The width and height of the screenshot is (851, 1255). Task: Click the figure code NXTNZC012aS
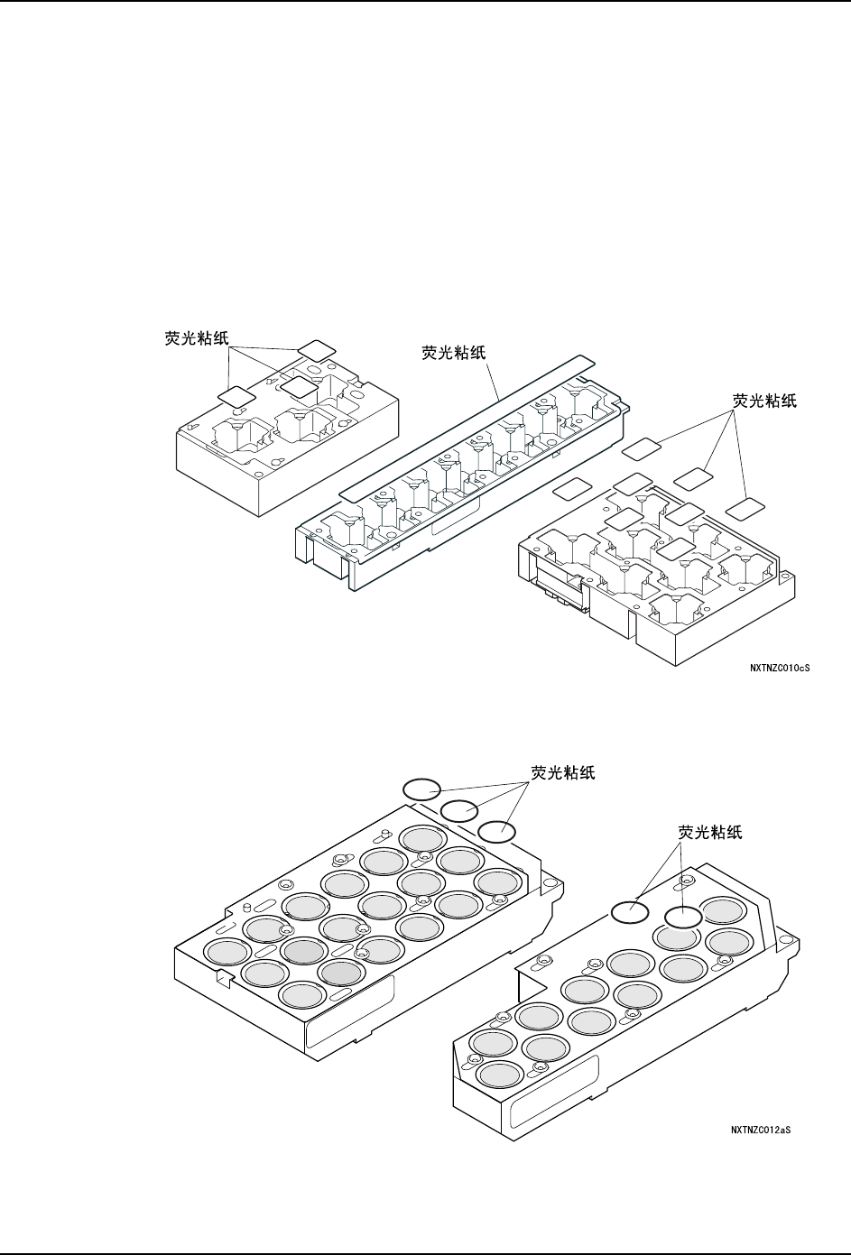pyautogui.click(x=761, y=1128)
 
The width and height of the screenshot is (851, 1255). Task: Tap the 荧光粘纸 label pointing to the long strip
pyautogui.click(x=454, y=353)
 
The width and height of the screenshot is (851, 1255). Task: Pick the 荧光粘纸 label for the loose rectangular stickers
pyautogui.click(x=763, y=401)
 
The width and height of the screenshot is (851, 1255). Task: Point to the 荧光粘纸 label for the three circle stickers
pyautogui.click(x=562, y=773)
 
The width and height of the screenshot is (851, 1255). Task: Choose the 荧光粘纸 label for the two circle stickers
pyautogui.click(x=709, y=833)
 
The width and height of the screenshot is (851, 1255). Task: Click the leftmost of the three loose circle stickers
pyautogui.click(x=420, y=789)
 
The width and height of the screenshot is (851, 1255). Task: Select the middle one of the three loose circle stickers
pyautogui.click(x=458, y=809)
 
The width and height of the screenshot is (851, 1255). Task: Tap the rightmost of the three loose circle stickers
pyautogui.click(x=496, y=831)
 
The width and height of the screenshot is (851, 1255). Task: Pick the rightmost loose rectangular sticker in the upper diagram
pyautogui.click(x=745, y=508)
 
